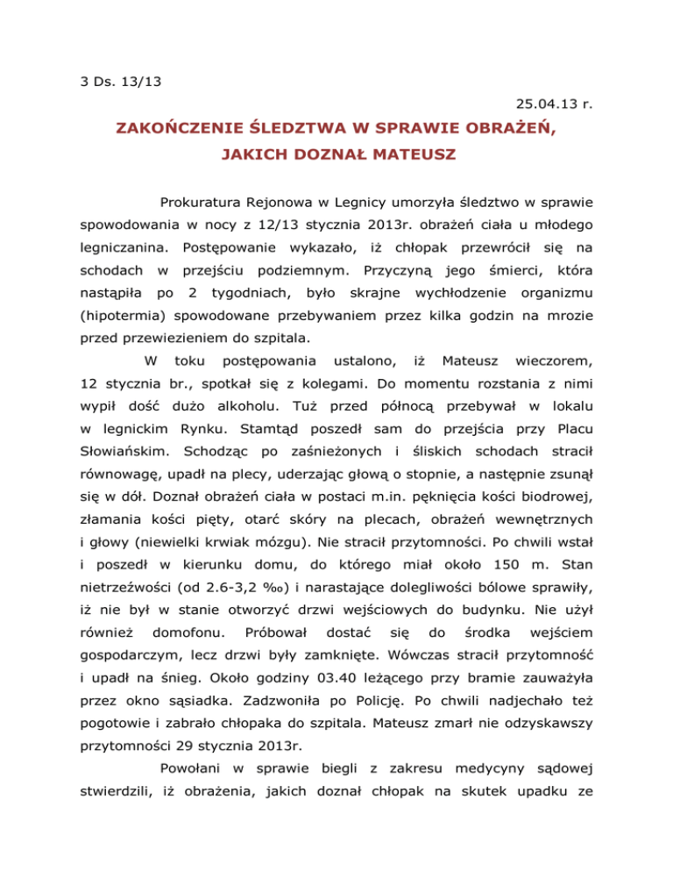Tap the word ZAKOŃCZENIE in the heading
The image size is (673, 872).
tap(176, 130)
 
